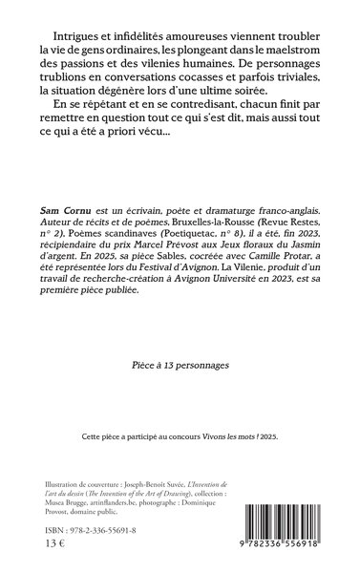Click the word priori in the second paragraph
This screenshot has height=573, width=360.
[167, 144]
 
